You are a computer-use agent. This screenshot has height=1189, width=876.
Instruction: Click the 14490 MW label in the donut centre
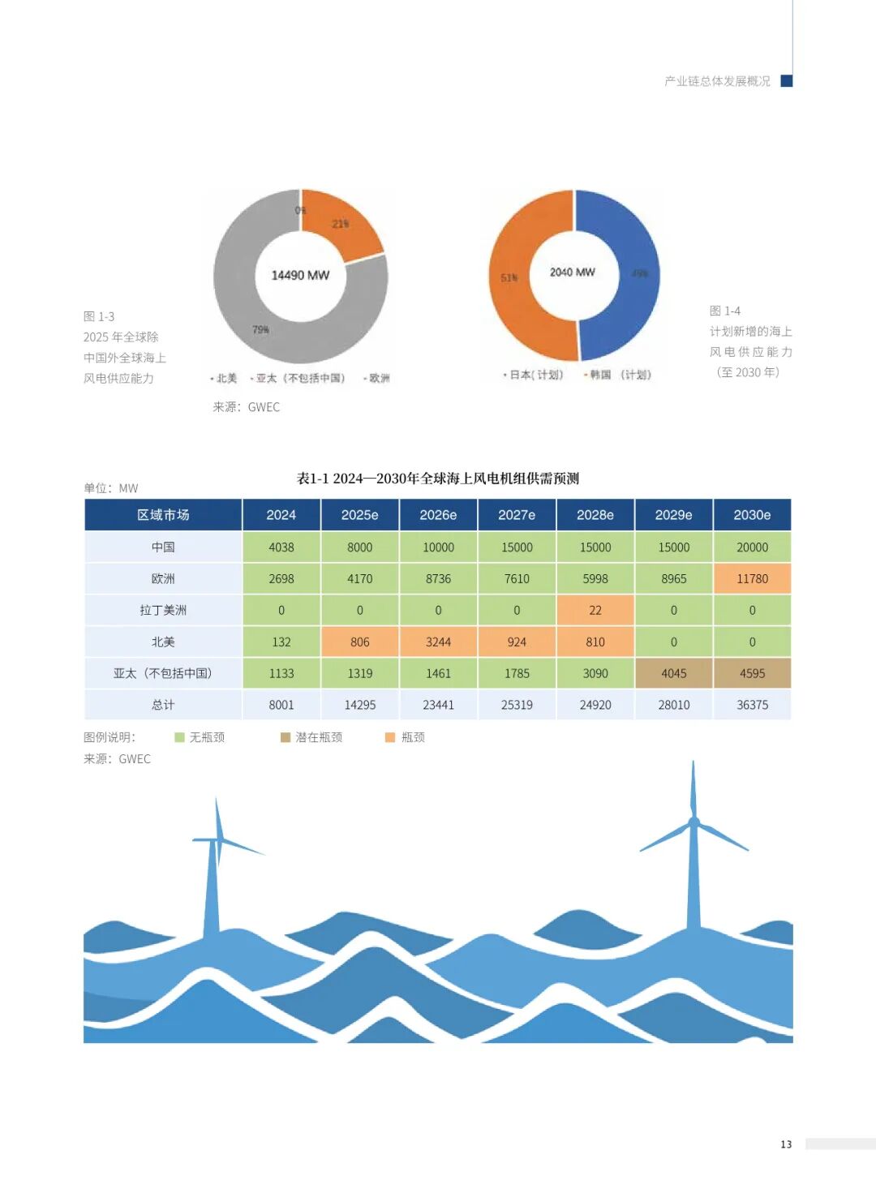(x=300, y=276)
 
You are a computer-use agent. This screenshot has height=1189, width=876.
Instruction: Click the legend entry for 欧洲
(x=379, y=379)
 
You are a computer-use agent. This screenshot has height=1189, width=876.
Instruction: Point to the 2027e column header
(x=517, y=515)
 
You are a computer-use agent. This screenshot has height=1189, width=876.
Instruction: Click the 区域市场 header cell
(x=163, y=515)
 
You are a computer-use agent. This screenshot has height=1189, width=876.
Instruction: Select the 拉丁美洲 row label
(x=163, y=610)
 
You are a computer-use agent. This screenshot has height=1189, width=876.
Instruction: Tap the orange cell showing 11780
(x=752, y=579)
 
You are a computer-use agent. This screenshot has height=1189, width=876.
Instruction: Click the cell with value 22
(x=595, y=610)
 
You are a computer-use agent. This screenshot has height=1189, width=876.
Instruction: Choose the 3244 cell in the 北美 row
(x=438, y=642)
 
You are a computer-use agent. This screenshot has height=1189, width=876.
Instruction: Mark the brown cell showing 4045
(x=673, y=673)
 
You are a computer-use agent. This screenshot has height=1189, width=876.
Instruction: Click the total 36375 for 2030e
(x=752, y=705)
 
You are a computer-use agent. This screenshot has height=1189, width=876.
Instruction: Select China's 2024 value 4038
(x=281, y=547)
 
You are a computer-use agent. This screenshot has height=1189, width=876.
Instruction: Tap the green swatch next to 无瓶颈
(x=180, y=737)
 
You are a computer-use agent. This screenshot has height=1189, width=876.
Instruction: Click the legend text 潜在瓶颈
(x=318, y=737)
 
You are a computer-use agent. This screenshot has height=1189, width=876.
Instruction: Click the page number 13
(x=786, y=1144)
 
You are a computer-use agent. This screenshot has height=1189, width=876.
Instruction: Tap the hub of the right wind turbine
(x=693, y=823)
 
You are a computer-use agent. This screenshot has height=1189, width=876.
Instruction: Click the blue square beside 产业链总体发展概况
(x=786, y=81)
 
